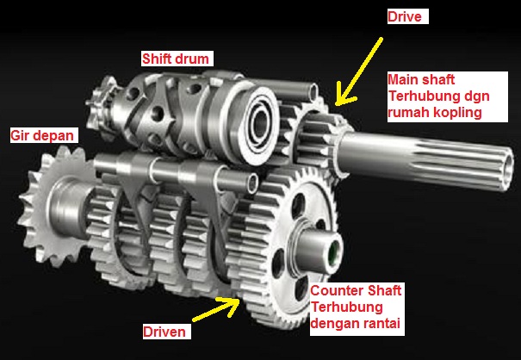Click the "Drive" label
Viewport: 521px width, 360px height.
(x=405, y=16)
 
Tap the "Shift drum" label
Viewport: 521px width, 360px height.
(x=176, y=59)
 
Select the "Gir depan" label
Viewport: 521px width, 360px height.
(x=42, y=135)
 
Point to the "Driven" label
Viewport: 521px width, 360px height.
(x=164, y=332)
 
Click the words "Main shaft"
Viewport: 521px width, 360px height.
(x=421, y=80)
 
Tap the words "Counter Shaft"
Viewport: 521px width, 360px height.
(x=356, y=290)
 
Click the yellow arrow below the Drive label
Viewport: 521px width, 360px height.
(x=358, y=71)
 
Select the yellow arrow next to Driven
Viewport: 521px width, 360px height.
(x=216, y=309)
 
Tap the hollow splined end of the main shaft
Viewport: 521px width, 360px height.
(x=507, y=169)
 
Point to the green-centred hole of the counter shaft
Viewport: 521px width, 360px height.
(x=334, y=251)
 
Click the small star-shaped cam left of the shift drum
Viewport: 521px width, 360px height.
(x=102, y=107)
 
